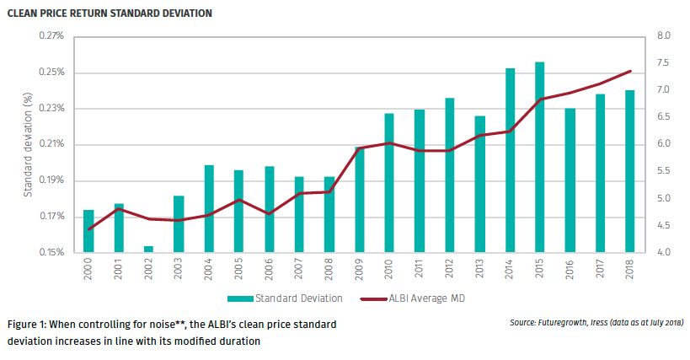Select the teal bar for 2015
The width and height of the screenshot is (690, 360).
click(x=538, y=157)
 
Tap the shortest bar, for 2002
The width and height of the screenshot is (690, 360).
click(x=148, y=249)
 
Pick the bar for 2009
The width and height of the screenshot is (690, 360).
click(x=360, y=199)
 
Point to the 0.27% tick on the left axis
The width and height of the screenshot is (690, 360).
click(x=51, y=36)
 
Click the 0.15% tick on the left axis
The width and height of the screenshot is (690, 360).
click(x=51, y=253)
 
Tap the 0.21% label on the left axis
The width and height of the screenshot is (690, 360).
click(x=51, y=145)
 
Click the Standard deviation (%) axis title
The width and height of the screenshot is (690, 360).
click(x=27, y=145)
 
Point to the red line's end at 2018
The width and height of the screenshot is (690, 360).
click(x=630, y=71)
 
